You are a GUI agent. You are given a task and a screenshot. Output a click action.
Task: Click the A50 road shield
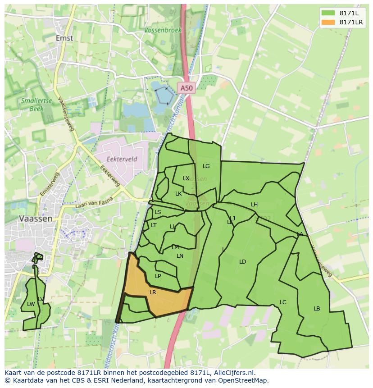coord(186,88)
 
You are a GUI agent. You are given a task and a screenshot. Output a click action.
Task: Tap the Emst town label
coord(64,38)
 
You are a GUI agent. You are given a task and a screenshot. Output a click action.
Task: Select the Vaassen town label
coord(36,218)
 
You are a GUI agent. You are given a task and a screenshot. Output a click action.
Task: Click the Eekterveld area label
coord(122,159)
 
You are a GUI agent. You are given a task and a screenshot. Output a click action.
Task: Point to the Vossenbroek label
coord(163,30)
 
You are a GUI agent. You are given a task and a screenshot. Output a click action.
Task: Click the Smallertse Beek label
coord(36,105)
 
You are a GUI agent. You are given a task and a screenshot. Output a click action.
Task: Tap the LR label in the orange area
coord(153,292)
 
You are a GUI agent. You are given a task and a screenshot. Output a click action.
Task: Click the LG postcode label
coord(206,166)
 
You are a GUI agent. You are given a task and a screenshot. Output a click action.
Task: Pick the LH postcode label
coord(254,205)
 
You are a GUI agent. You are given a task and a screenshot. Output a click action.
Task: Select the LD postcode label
coord(242,262)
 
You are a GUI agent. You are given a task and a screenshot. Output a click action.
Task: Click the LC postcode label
coord(283,302)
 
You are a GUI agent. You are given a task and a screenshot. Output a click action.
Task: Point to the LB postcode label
coord(317,309)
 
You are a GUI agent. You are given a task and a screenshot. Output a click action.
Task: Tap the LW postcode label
coord(31,304)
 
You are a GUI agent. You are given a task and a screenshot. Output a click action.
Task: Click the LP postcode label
coord(158,276)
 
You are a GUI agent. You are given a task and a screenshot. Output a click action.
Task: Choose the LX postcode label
coord(186,178)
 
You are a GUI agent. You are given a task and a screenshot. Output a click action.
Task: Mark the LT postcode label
coord(154,225)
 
